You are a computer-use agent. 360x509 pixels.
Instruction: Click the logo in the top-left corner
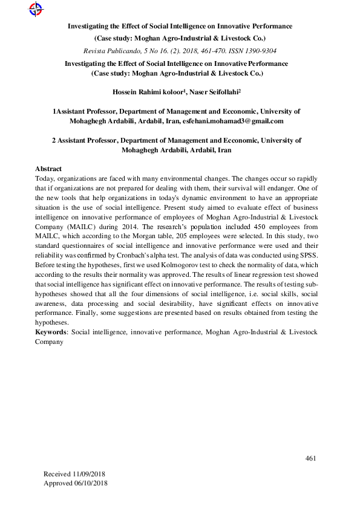point(36,8)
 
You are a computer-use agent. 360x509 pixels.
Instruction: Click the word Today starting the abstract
point(45,179)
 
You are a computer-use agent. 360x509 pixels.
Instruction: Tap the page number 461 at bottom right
point(310,459)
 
